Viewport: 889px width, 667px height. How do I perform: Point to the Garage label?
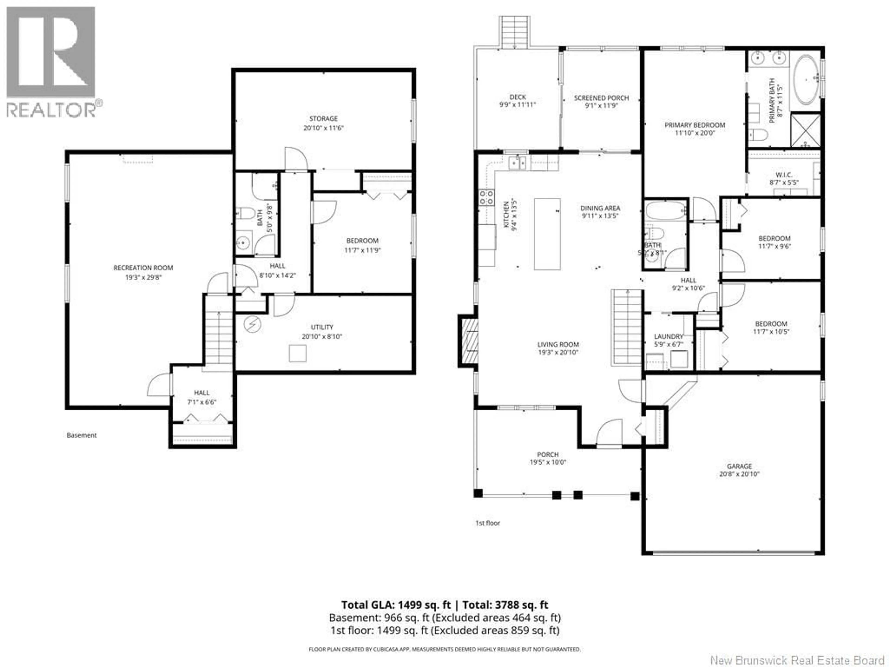739,466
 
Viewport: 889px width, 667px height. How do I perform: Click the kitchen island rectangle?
547,234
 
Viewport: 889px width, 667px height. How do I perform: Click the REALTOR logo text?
51,110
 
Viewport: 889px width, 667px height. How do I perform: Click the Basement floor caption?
81,435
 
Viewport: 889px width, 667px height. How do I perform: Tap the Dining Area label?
600,208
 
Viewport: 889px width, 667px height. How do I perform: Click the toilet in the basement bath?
246,213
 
